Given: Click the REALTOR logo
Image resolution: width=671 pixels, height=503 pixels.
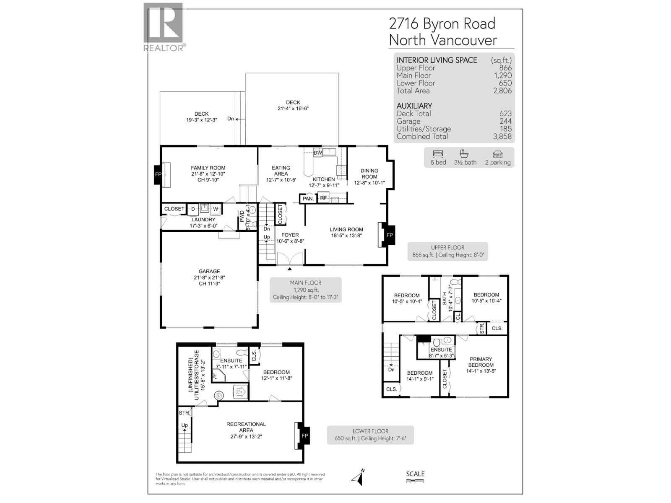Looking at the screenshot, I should point(164,27).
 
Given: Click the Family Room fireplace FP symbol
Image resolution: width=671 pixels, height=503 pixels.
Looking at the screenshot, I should point(158,174).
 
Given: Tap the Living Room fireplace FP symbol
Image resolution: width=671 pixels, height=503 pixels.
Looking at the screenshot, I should point(390,235).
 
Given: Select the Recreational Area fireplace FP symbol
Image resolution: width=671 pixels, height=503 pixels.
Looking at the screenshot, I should point(305,436).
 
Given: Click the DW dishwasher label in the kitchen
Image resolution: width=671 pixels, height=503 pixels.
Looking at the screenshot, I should point(317,153).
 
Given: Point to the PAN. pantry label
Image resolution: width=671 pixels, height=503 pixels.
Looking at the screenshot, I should point(308,199).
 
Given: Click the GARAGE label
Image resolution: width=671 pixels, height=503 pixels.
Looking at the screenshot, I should point(209,271).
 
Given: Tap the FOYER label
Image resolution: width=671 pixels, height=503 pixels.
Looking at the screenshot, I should point(290,235).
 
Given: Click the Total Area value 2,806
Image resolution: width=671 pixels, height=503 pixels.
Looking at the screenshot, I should point(502,91).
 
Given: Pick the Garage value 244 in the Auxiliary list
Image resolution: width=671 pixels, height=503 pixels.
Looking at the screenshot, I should point(505,121).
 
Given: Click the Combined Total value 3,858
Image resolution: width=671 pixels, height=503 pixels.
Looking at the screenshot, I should point(502,136).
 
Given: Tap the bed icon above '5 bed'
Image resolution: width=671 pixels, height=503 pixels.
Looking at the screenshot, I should point(438,153).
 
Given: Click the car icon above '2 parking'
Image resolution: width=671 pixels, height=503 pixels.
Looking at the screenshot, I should point(498,153).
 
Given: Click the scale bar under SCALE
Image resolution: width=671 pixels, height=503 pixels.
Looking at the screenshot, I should point(415,481).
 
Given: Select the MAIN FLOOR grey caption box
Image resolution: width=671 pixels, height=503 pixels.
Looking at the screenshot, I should point(305,290).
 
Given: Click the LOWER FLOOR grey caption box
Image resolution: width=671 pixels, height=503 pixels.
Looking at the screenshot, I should point(370,435).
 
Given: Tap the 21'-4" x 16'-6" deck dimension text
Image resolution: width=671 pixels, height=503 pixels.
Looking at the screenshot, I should point(293,109).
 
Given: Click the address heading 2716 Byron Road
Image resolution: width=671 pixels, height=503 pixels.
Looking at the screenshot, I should point(442,23).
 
